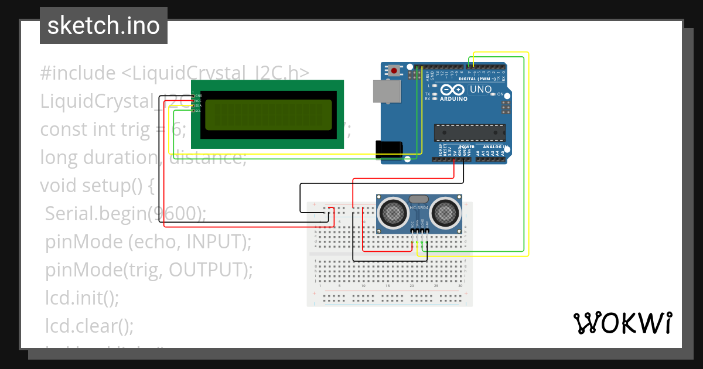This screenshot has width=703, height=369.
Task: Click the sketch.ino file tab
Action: click(x=103, y=26)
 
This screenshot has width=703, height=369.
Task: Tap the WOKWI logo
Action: click(x=622, y=323)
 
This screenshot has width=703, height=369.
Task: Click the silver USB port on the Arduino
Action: click(x=387, y=91)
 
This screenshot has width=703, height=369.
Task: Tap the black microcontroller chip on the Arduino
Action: click(x=469, y=133)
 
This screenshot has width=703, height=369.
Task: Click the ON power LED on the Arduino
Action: click(x=493, y=94)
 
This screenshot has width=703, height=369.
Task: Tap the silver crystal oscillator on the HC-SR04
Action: click(x=419, y=199)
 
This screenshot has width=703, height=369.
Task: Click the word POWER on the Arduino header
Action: click(x=466, y=146)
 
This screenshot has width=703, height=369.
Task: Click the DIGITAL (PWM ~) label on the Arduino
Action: click(x=480, y=78)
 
